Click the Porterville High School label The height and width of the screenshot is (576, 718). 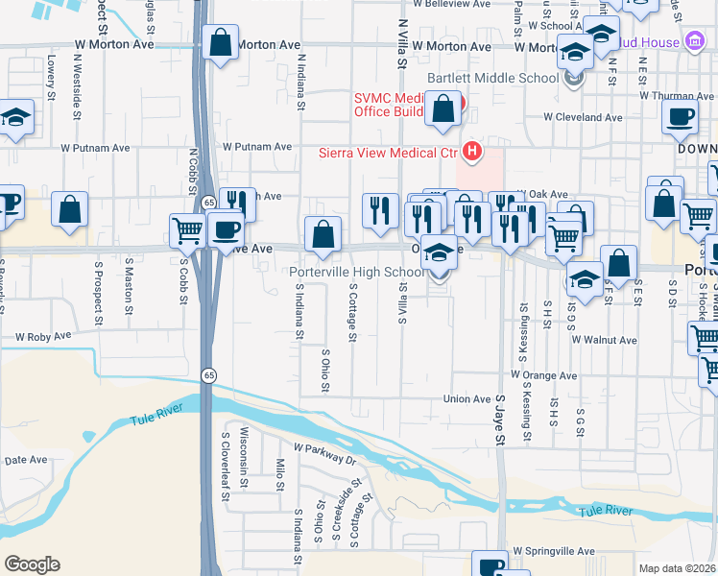coord(356,272)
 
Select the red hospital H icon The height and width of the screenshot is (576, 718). coord(471,152)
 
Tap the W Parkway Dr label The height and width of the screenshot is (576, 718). coord(324,454)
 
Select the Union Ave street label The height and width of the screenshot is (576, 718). coord(467,399)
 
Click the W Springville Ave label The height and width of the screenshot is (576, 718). coord(553,552)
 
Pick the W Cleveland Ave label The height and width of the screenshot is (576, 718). coord(583,117)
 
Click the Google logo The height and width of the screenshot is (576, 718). coord(33,564)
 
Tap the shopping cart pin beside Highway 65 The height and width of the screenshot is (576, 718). coord(187,229)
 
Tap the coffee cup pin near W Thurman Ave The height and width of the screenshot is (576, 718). coord(681,117)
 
